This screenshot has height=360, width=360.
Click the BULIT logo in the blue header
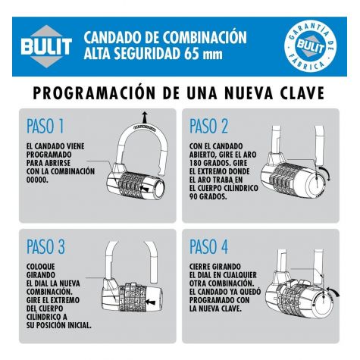46,46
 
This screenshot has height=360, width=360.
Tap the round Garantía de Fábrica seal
310,46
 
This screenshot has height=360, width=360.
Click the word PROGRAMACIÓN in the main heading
94,92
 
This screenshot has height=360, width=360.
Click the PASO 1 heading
45,126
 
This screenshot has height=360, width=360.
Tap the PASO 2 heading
208,126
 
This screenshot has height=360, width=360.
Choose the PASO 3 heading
45,246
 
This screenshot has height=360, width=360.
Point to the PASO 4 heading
209,246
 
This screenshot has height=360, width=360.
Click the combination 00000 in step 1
37,180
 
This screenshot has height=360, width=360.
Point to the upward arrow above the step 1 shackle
145,117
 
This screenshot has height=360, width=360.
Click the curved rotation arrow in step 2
325,173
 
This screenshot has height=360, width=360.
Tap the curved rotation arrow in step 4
333,291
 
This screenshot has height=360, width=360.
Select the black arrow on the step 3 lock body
151,302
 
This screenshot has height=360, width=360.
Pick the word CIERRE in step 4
200,267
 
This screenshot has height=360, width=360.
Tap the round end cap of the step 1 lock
160,189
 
